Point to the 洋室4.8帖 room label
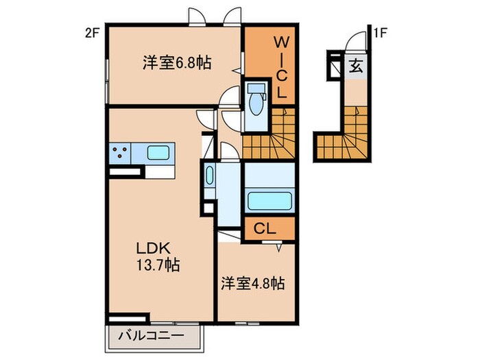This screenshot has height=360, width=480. (253, 283)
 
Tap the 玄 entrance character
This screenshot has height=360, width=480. (357, 67)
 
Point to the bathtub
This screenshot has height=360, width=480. (269, 202)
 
